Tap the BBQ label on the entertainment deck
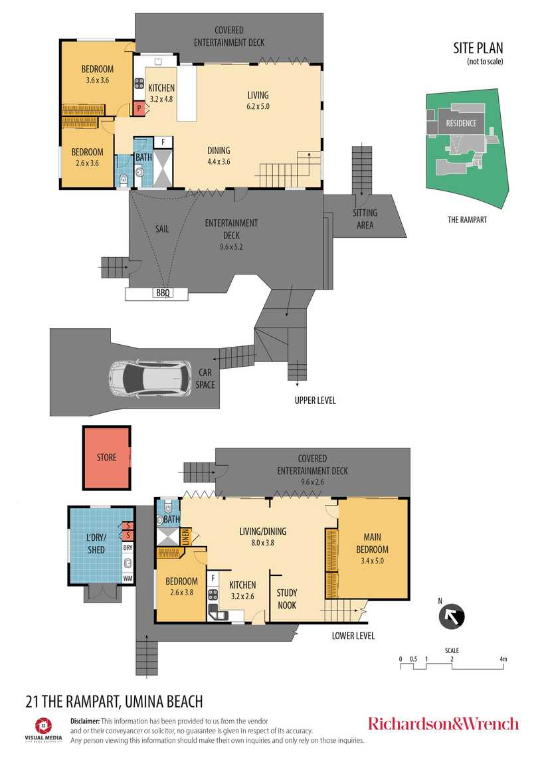[x=162, y=292]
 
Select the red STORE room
[x=106, y=458]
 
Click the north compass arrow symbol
[x=452, y=616]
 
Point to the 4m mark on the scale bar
[x=503, y=659]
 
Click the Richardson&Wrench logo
[x=443, y=723]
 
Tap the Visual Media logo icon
[x=44, y=725]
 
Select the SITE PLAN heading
[x=478, y=48]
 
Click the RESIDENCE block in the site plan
[x=460, y=123]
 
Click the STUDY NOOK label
[x=286, y=599]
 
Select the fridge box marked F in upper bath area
[x=163, y=142]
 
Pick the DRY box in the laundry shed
[x=128, y=548]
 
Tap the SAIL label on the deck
[x=161, y=229]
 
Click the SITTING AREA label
[x=365, y=219]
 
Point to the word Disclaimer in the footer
[x=85, y=721]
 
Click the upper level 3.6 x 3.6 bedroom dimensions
[x=97, y=80]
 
